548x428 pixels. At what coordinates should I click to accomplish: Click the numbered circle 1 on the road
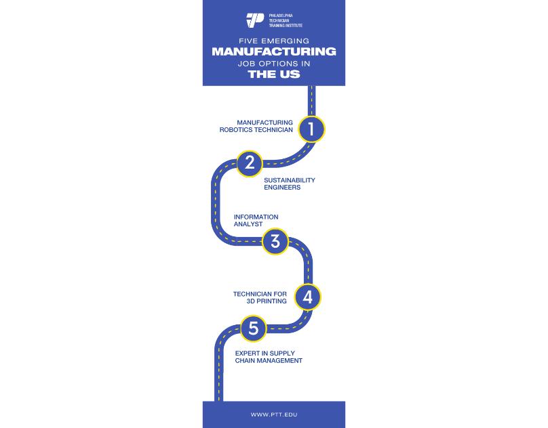(311, 129)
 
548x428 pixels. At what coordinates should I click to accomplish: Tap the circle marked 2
(250, 163)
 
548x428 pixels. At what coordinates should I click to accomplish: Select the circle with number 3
(275, 242)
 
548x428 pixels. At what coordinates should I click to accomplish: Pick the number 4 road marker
(307, 297)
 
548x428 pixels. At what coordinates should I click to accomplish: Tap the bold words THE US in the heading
(273, 74)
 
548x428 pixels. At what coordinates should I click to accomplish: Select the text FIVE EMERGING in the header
(273, 40)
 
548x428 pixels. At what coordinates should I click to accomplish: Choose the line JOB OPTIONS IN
(273, 63)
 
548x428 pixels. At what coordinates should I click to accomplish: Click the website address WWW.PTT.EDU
(273, 414)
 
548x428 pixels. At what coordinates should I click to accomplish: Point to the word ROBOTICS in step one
(236, 130)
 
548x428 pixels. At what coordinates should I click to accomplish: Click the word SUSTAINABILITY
(290, 180)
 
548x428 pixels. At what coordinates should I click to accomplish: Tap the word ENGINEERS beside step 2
(282, 188)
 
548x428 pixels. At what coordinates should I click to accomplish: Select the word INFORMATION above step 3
(256, 217)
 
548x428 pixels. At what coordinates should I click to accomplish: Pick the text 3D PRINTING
(267, 301)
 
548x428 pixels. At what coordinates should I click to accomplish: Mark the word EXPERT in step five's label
(248, 354)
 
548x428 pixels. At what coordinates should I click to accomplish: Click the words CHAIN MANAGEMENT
(269, 361)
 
